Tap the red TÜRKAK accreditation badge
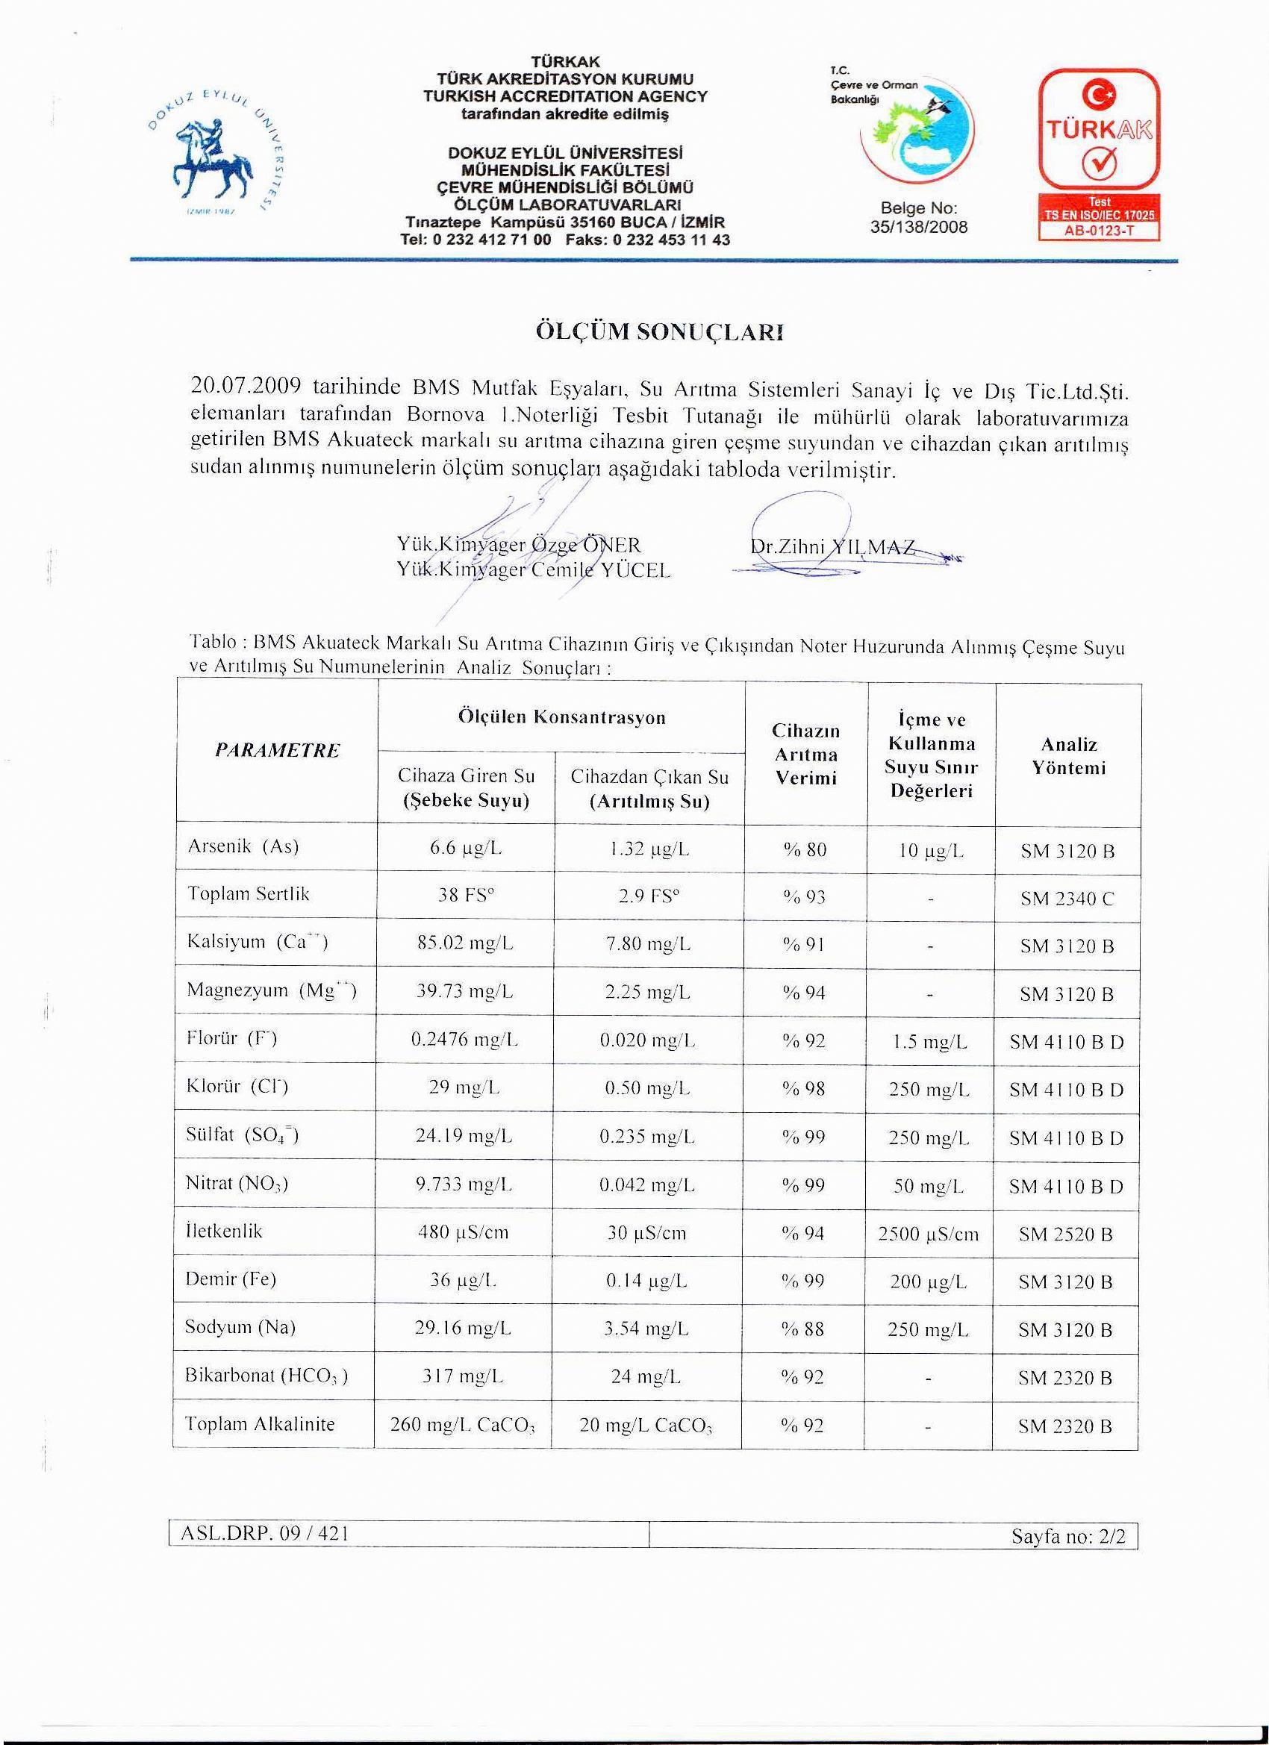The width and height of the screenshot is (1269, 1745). (1099, 154)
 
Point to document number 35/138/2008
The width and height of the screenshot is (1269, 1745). (919, 227)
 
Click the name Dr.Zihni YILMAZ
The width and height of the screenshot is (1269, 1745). (832, 547)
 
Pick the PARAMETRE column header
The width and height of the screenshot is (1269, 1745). (277, 750)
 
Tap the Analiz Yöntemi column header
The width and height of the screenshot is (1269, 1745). (1069, 755)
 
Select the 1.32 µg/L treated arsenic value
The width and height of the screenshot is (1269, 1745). (649, 850)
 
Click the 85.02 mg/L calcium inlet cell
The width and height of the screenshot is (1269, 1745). (464, 943)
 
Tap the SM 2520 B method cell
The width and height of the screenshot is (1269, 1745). (1066, 1235)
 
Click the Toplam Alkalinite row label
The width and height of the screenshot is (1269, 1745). (260, 1424)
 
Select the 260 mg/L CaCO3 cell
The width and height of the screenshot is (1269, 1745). (464, 1426)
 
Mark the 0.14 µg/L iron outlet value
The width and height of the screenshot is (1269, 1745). (647, 1281)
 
